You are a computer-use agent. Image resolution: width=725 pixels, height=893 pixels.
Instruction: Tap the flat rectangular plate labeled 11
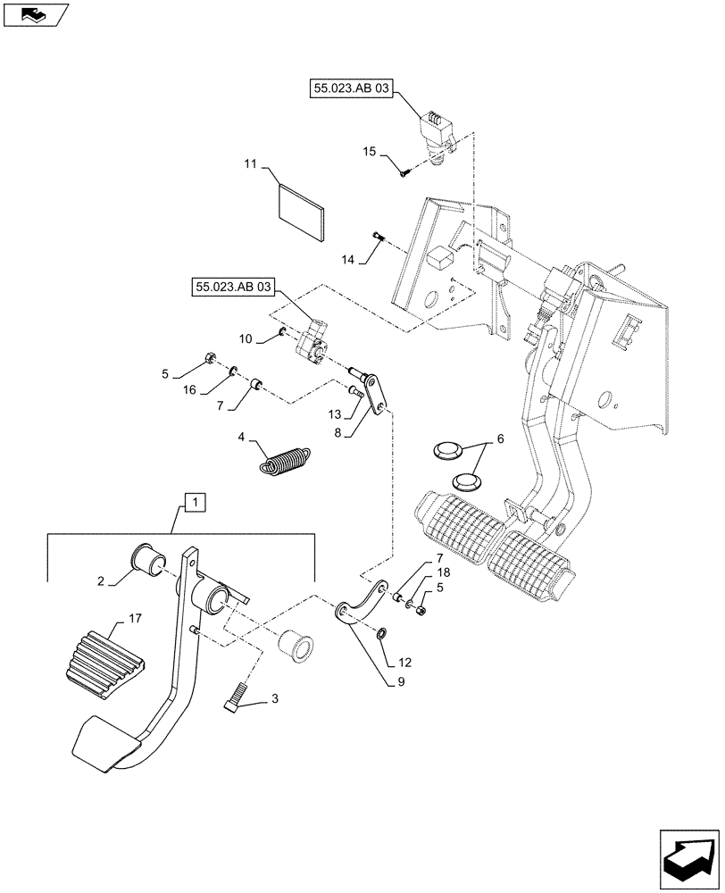pos(300,213)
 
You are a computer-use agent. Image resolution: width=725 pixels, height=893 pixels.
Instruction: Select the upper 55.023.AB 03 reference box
pos(352,91)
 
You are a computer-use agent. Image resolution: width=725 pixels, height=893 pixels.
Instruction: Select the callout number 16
pos(190,389)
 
